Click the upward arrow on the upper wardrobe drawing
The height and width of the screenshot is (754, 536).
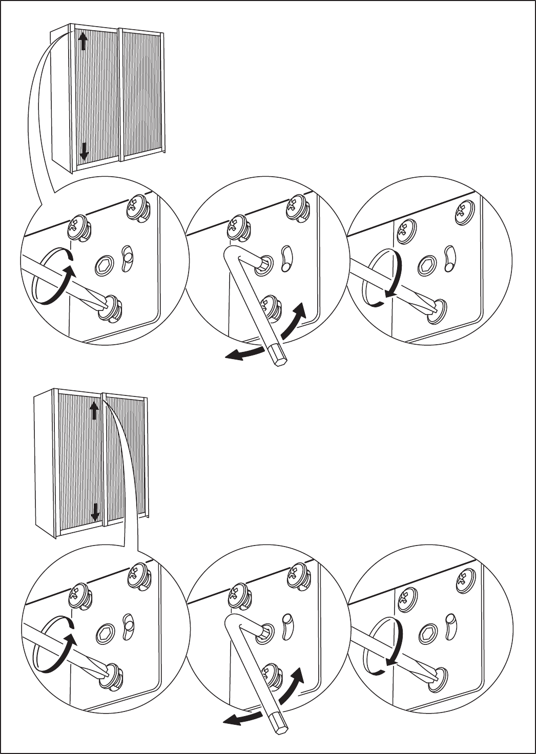[x=83, y=40]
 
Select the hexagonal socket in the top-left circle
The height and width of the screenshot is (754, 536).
[x=105, y=266]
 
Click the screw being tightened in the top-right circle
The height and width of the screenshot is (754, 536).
[x=437, y=308]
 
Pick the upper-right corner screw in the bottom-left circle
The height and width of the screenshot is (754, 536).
[x=139, y=573]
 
